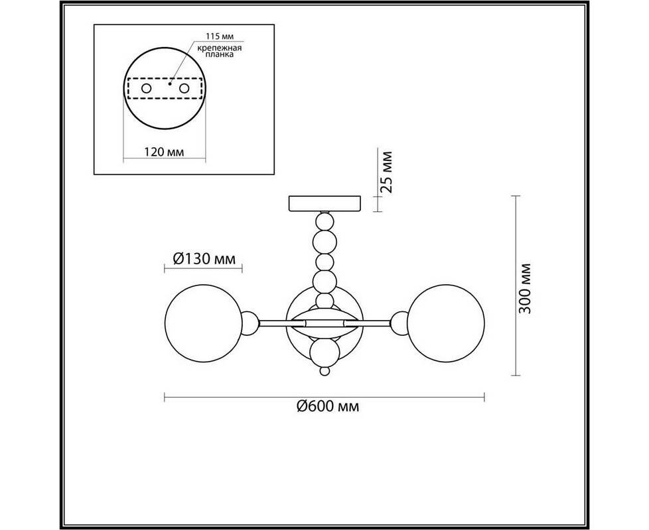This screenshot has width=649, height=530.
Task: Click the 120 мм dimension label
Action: tap(165, 152)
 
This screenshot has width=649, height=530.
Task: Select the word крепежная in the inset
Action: tap(220, 48)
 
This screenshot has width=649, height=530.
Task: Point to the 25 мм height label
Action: tap(386, 172)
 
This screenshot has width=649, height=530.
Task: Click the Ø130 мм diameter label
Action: tap(204, 259)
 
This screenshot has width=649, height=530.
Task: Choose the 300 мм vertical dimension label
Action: tap(524, 288)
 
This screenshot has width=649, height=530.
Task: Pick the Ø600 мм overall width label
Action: tap(328, 407)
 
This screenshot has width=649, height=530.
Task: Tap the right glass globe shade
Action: tap(446, 323)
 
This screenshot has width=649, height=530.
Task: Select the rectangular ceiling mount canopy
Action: tap(324, 204)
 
